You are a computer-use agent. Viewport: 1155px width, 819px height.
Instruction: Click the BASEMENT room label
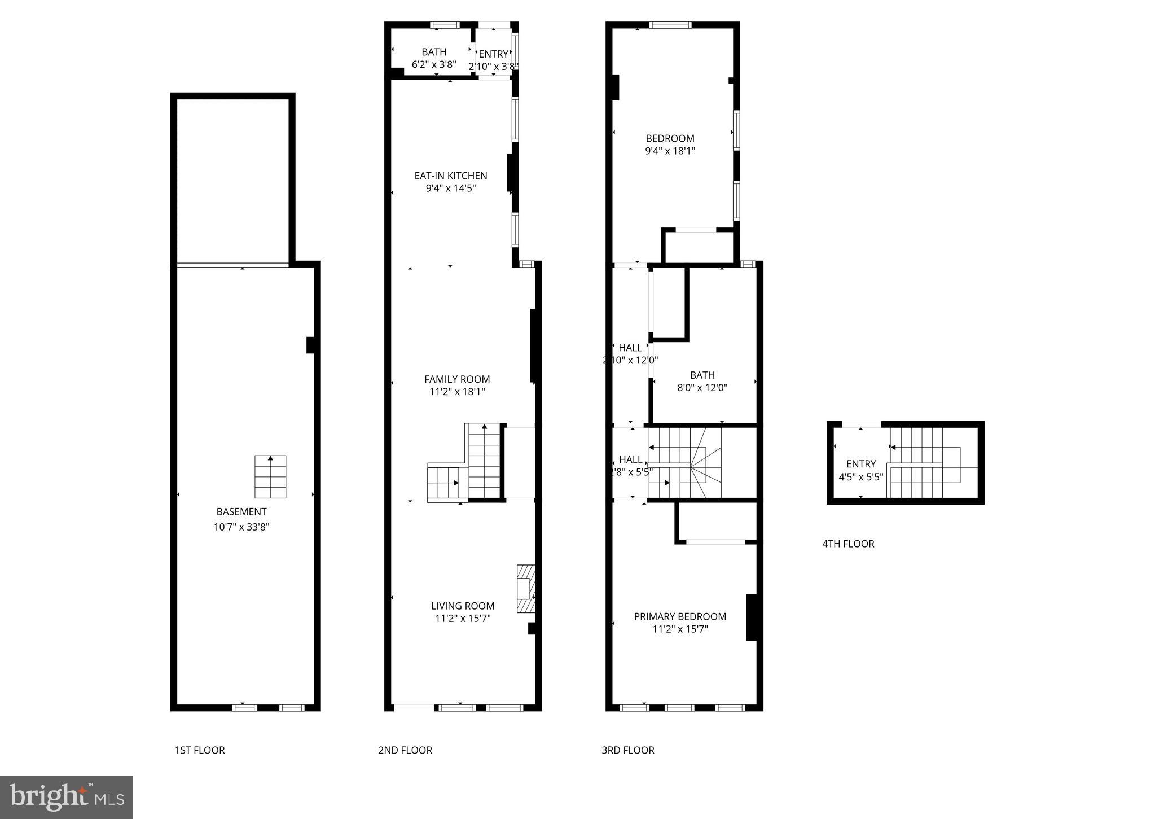pos(241,512)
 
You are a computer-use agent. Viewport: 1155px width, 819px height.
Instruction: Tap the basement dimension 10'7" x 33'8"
pos(241,527)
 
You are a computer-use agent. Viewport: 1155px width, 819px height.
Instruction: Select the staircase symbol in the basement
pos(270,477)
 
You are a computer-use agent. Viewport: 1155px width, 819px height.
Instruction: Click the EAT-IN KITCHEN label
pos(451,176)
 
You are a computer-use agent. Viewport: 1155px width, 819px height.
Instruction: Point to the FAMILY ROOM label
pos(457,379)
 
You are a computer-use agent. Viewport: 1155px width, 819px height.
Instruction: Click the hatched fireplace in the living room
pos(525,589)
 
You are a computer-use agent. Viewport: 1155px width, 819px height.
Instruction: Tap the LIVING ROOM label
pos(463,606)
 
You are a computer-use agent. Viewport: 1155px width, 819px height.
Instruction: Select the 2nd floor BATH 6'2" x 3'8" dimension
pos(434,64)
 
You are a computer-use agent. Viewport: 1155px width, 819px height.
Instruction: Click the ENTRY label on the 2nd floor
pos(493,54)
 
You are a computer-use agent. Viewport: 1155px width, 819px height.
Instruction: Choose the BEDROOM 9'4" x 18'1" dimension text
pos(670,151)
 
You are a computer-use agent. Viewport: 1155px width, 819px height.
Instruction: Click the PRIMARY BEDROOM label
pos(680,616)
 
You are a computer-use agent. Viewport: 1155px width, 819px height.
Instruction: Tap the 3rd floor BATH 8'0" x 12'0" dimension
pos(702,388)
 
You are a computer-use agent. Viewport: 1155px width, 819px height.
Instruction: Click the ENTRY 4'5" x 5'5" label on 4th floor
pos(861,470)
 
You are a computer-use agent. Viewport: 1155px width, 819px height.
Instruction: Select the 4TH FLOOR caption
pos(848,544)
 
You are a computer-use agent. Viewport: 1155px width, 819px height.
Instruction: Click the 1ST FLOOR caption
pos(200,750)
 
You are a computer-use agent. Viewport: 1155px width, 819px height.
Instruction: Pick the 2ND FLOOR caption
pos(405,750)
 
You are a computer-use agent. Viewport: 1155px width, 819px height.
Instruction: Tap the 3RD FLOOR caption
pos(628,750)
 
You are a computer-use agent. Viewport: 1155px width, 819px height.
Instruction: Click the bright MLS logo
pos(67,797)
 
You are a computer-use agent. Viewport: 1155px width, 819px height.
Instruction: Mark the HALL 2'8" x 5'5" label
pos(630,465)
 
